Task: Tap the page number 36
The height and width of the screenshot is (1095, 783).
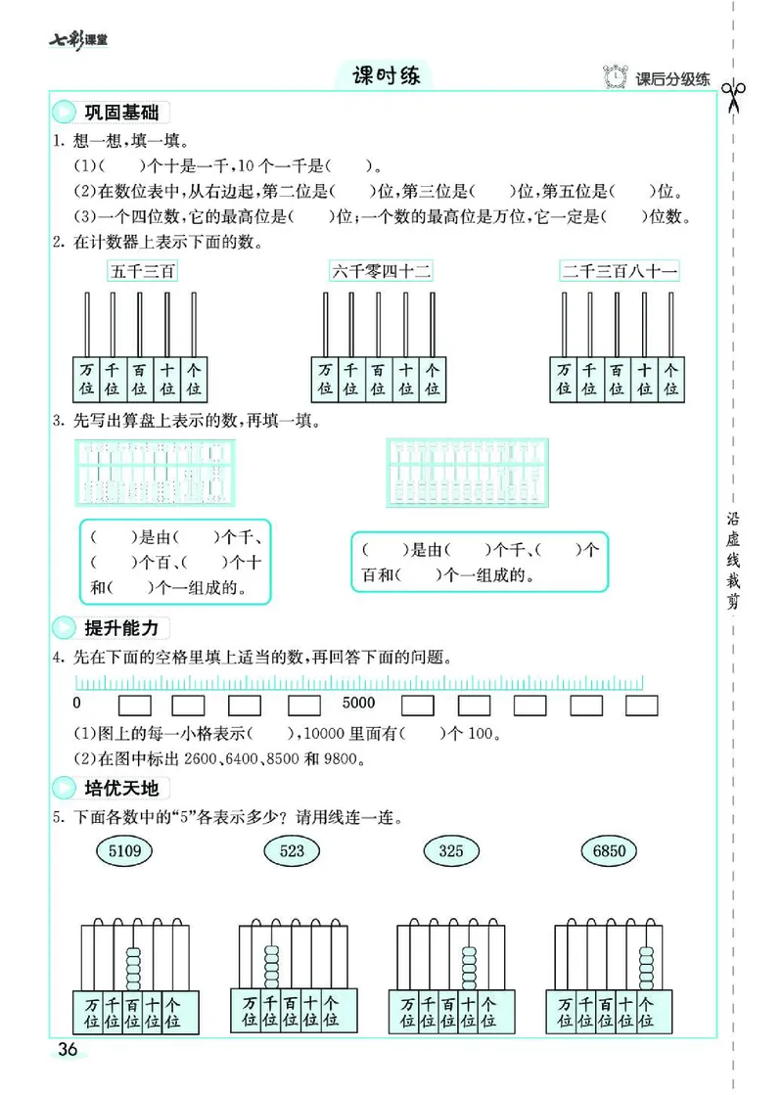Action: [x=68, y=1050]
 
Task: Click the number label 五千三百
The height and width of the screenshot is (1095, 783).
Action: [x=142, y=271]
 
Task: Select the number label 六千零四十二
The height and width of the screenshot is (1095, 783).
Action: [x=381, y=271]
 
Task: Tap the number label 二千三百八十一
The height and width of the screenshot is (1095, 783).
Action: [x=619, y=271]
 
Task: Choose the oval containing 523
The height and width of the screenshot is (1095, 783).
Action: [x=292, y=850]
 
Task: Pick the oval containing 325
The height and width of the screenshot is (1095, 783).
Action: [x=450, y=850]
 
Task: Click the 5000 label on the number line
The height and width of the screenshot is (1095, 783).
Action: [x=359, y=703]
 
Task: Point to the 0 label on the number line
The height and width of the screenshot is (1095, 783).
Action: [x=76, y=703]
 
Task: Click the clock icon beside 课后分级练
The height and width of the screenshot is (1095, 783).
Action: [x=615, y=78]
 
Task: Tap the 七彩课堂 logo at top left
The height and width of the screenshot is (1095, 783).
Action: [x=78, y=40]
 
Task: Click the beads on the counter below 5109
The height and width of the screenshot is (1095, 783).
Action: [x=133, y=965]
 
